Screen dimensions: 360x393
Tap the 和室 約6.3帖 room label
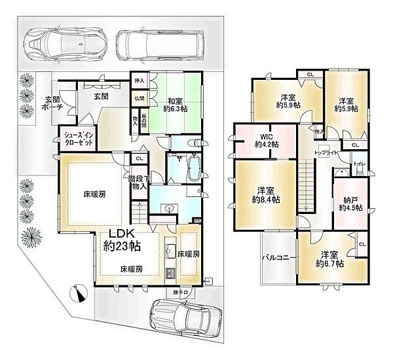pos(175,105)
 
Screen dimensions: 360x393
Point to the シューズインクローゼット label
pos(79,138)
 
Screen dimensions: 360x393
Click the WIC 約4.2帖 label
pos(267,140)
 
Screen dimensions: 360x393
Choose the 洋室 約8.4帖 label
pos(264,196)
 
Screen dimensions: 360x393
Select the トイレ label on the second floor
pos(359,164)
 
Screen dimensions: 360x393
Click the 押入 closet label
pos(138,81)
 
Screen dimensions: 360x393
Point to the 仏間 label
pos(140,98)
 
